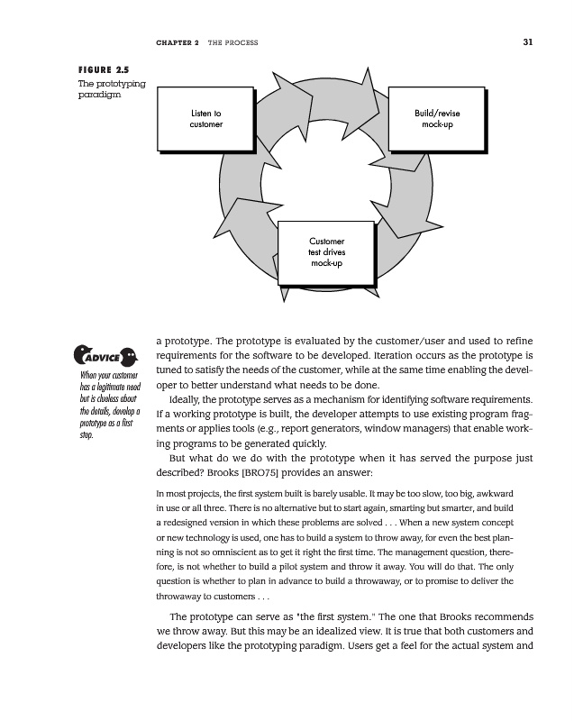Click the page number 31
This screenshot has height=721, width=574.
[527, 42]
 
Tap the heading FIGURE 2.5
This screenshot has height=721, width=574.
[105, 69]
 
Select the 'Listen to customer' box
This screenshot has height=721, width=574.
[206, 118]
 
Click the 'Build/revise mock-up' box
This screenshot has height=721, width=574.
[437, 118]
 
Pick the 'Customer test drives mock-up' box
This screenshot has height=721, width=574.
[326, 253]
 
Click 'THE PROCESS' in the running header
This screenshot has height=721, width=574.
[232, 42]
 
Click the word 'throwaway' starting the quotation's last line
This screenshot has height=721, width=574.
[182, 596]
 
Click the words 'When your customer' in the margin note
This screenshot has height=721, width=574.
[109, 375]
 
